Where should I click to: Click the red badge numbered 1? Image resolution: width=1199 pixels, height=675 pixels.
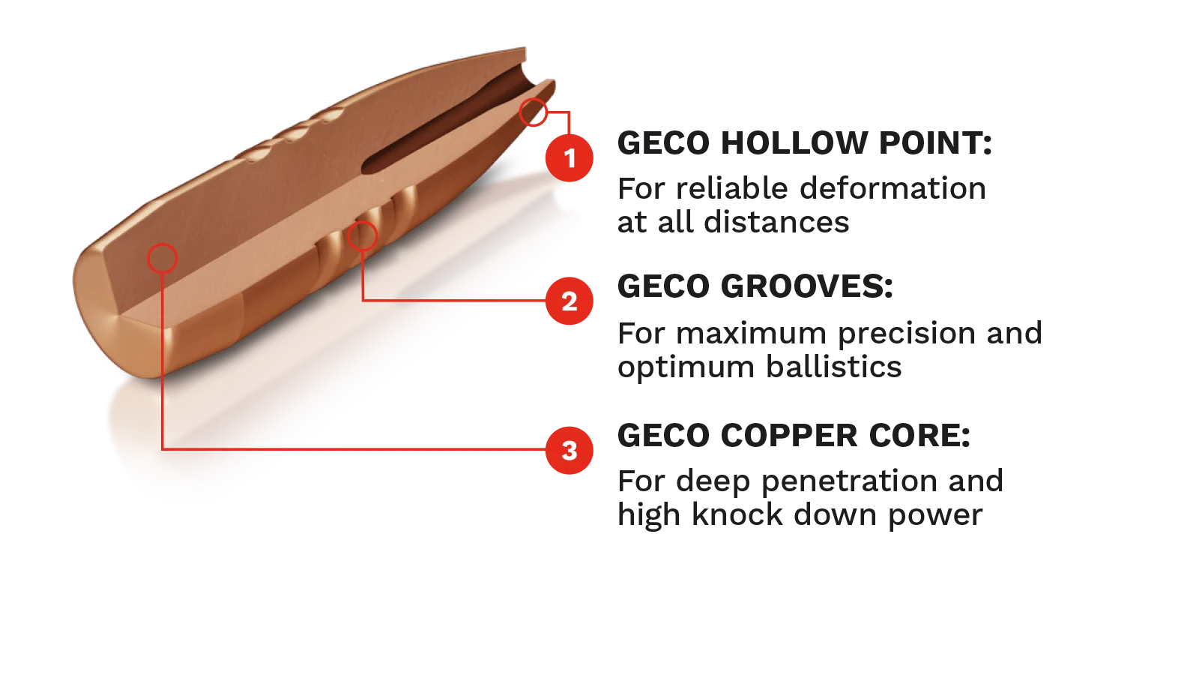click(x=569, y=158)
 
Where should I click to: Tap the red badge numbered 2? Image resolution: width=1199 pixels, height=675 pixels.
click(x=569, y=301)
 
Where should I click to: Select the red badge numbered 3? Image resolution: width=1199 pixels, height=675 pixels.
click(x=569, y=451)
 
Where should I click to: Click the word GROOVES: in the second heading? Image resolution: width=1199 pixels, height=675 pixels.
click(x=807, y=286)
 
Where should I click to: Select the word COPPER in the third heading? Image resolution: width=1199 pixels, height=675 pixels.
click(x=789, y=435)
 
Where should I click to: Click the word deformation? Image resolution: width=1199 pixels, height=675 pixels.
click(x=893, y=188)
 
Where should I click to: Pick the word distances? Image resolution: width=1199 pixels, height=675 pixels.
click(x=776, y=222)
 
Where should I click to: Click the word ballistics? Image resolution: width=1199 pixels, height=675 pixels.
click(x=833, y=367)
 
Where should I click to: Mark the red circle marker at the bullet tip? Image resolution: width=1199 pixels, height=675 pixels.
click(x=533, y=112)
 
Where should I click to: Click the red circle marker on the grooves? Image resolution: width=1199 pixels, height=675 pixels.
click(x=363, y=236)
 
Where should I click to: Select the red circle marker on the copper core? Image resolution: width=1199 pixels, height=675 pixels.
click(x=162, y=258)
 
